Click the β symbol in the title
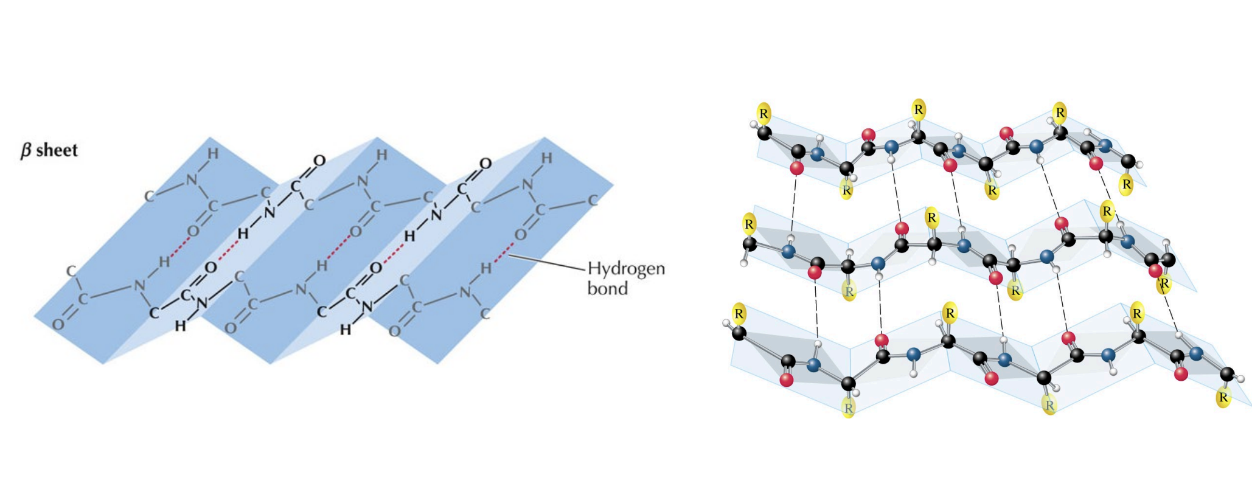pos(26,150)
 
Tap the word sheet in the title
pos(57,150)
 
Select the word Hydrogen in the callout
pos(626,269)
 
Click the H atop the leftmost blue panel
pos(212,154)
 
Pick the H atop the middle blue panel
pos(381,156)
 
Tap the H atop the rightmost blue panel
pos(547,158)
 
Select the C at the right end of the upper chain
pos(593,201)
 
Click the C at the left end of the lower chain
pos(72,271)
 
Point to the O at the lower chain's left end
pos(58,325)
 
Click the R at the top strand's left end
pos(764,113)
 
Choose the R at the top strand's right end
pos(1126,184)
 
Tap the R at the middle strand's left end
pos(749,224)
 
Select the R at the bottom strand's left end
pos(739,314)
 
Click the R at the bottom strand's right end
pos(1223,398)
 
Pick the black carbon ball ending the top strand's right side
pos(1128,161)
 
